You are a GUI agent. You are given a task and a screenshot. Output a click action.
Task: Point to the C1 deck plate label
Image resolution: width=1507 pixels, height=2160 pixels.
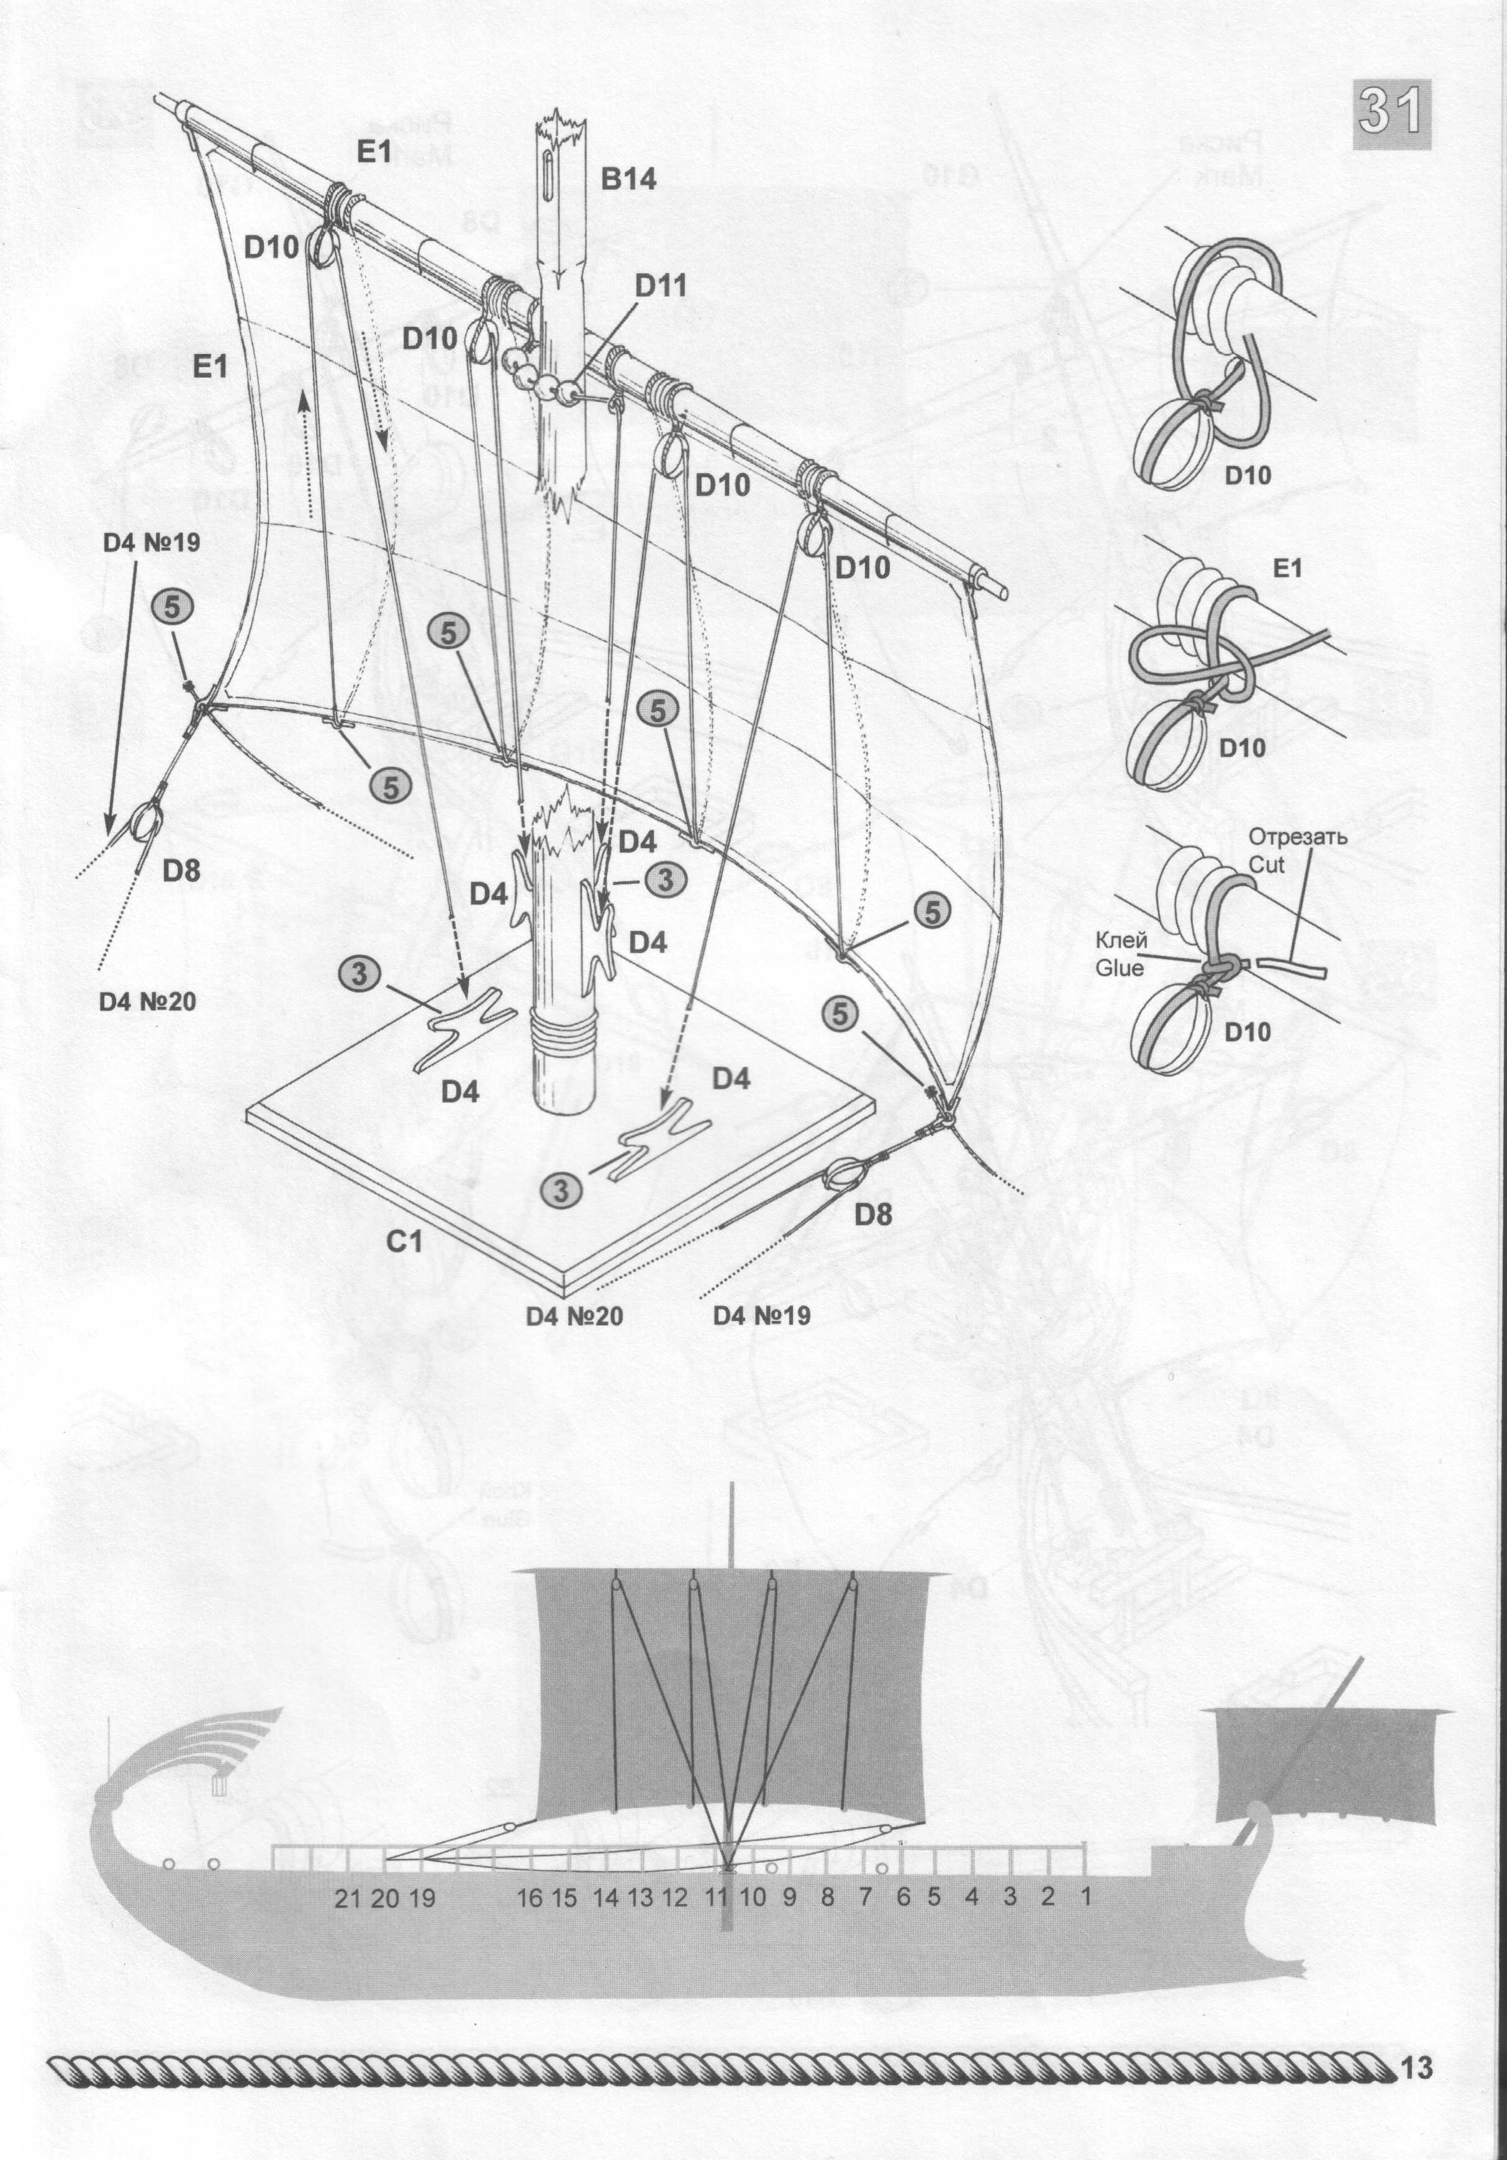click(x=404, y=1242)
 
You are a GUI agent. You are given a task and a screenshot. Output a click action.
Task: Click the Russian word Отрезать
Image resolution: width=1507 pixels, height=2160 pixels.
click(x=1298, y=837)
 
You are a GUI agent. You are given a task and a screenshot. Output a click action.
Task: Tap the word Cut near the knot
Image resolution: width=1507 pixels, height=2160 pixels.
click(x=1266, y=863)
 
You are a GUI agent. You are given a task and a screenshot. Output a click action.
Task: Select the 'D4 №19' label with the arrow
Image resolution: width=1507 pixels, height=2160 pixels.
click(x=150, y=543)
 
